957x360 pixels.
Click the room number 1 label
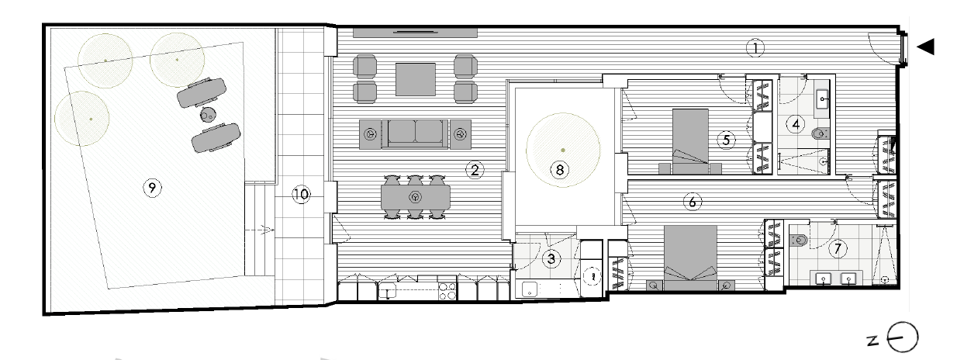pos(755,48)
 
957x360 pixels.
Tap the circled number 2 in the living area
pos(475,170)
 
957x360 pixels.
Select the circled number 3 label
pos(551,258)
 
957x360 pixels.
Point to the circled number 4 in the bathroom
pos(796,124)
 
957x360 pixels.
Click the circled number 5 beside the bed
pos(727,140)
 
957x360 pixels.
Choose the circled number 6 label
pos(692,202)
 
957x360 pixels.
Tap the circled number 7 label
pos(838,248)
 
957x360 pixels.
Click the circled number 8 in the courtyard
pos(560,170)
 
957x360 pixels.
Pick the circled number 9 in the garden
pos(152,188)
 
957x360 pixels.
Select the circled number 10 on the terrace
pos(301,195)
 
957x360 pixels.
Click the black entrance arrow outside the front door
pos(925,47)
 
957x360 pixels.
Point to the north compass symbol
pos(902,337)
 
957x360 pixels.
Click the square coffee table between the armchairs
pos(415,79)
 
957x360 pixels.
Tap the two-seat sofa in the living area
pos(415,133)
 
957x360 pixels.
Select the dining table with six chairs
pos(415,197)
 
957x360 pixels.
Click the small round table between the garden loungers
pos(208,115)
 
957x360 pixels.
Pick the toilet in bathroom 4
pos(820,133)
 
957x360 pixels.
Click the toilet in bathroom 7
pos(798,241)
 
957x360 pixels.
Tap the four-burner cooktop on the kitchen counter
pos(447,291)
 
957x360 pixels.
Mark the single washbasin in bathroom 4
pos(822,99)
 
